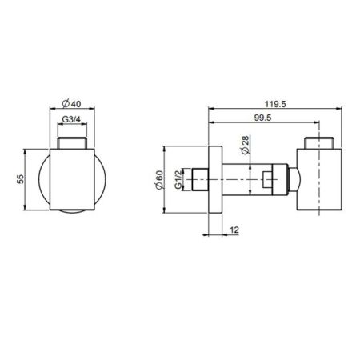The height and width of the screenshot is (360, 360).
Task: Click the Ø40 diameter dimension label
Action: [71, 103]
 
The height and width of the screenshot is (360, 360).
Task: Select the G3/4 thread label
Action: [71, 119]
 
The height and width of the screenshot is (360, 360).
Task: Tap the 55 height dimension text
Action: [21, 179]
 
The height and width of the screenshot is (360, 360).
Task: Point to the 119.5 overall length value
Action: [275, 104]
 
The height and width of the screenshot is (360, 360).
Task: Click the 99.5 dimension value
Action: [262, 118]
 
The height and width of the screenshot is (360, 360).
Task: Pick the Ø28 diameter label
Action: [245, 145]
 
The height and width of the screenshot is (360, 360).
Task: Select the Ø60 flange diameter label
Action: [159, 180]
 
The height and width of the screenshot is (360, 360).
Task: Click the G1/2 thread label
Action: [178, 179]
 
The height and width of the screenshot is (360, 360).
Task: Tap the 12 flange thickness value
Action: [234, 230]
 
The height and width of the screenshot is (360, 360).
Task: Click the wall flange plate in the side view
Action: [215, 179]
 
